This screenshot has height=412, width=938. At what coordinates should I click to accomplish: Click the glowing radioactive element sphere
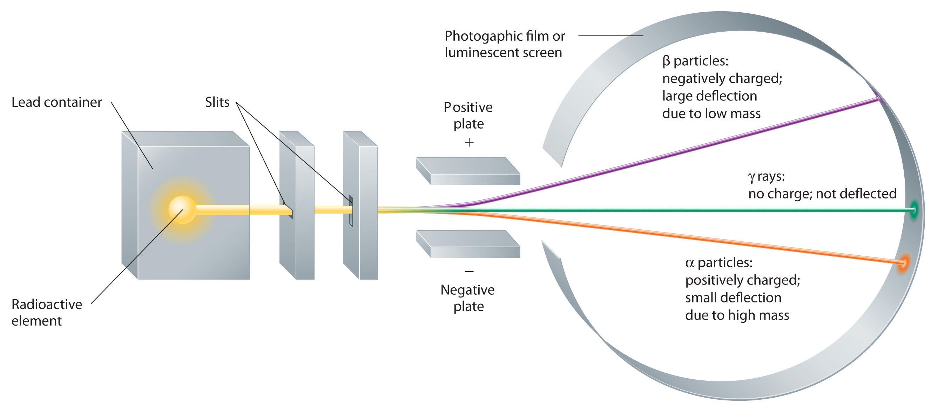(x=182, y=209)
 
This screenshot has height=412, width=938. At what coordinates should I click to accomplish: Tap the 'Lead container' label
(x=56, y=103)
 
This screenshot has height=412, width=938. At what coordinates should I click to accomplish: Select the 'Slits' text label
(x=217, y=103)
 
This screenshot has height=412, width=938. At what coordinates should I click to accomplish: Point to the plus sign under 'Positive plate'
(x=469, y=142)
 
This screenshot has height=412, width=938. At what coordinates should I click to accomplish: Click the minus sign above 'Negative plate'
(x=469, y=271)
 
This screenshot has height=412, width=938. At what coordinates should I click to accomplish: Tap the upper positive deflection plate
(x=468, y=171)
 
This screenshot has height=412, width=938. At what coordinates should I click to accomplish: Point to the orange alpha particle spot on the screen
(x=903, y=262)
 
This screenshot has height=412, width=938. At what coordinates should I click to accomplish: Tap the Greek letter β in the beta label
(x=666, y=61)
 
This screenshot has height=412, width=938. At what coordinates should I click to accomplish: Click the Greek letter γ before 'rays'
(x=751, y=177)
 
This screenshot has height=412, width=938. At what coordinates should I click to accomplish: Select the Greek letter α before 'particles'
(x=689, y=263)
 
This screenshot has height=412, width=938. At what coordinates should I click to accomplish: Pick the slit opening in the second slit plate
(x=351, y=211)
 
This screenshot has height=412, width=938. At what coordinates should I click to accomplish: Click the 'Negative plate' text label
(x=468, y=298)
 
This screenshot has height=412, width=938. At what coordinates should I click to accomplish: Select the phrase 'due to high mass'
(x=737, y=315)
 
